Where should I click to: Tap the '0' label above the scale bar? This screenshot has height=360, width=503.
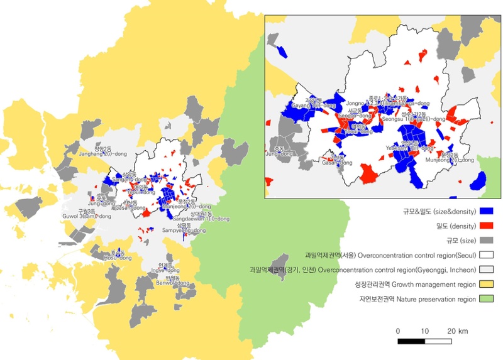click(x=399, y=331)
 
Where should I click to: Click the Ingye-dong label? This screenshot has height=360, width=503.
click(x=165, y=271)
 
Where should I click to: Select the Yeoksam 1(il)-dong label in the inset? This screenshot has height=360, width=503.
click(x=411, y=148)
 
